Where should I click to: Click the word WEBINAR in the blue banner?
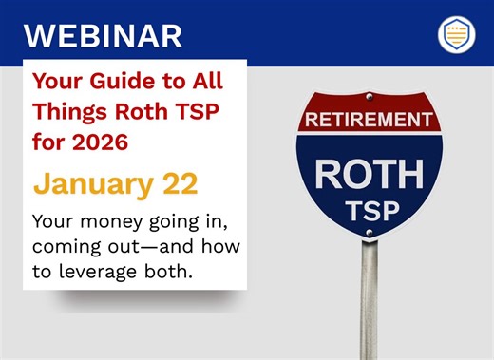tap(102, 34)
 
